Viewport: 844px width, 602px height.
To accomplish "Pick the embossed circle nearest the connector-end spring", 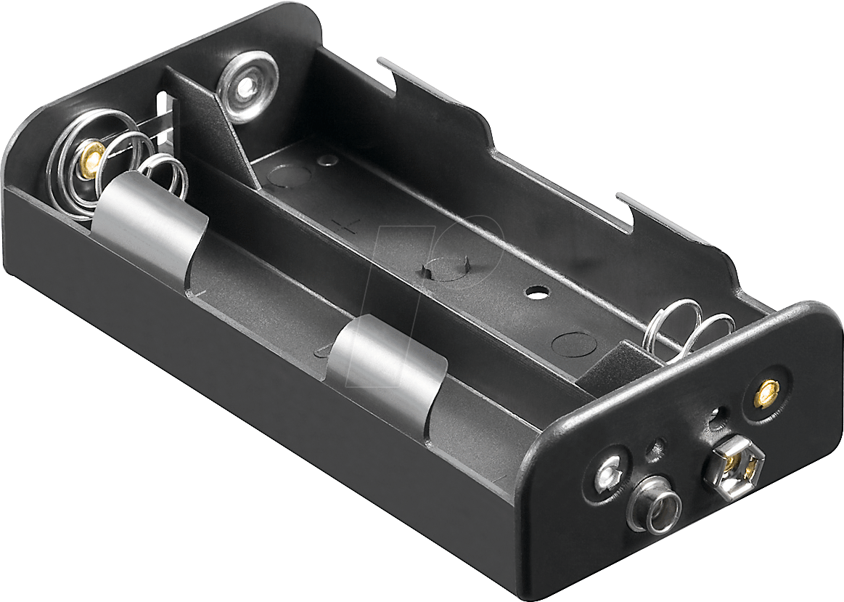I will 573,342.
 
